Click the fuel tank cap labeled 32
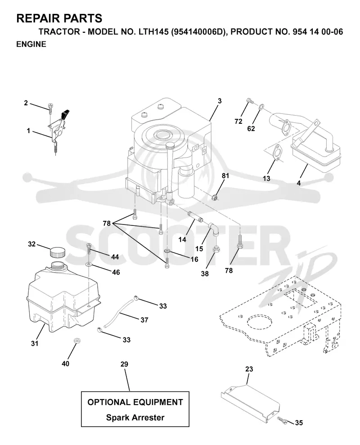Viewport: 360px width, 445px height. click(x=57, y=252)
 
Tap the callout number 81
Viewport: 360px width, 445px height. click(x=225, y=175)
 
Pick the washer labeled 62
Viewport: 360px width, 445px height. click(x=261, y=107)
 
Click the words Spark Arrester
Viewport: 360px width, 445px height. click(x=135, y=418)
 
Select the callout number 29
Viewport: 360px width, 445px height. click(x=124, y=364)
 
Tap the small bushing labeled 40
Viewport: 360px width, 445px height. click(x=76, y=340)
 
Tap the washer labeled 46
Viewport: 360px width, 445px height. click(x=89, y=265)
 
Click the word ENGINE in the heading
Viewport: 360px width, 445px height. click(x=31, y=44)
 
